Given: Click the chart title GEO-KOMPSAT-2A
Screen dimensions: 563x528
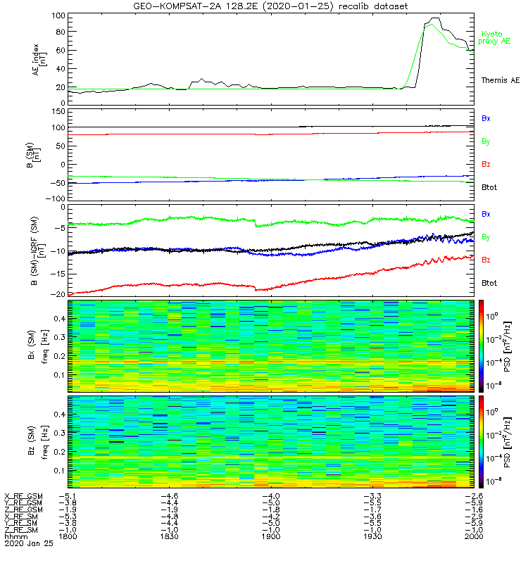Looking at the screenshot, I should point(264,6).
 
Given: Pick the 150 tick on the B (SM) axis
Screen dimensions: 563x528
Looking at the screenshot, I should point(58,111).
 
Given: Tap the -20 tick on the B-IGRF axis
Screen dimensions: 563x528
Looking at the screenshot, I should point(58,294).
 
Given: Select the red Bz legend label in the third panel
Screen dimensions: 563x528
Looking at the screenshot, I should point(486,260).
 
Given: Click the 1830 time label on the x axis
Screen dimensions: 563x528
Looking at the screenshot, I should point(170,536).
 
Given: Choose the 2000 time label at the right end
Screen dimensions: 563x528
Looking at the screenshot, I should point(474,536).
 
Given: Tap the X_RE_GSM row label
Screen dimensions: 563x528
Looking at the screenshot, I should point(23,497).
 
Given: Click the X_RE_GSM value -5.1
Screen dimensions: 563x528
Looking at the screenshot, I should point(67,497).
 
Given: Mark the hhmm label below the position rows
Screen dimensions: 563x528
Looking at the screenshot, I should point(13,536).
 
